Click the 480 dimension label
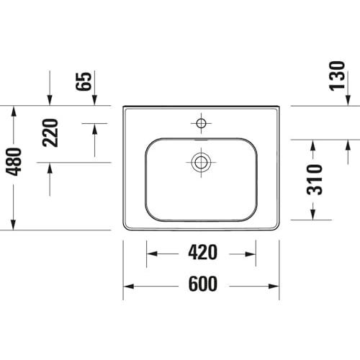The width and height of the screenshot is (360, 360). click(14, 162)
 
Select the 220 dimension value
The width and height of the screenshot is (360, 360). click(50, 132)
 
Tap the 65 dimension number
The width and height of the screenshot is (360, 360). click(84, 81)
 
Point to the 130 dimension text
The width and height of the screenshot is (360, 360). click(337, 76)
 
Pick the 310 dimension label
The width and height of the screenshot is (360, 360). click(315, 179)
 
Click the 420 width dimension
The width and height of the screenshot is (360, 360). click(203, 252)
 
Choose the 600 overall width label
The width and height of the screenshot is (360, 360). click(203, 284)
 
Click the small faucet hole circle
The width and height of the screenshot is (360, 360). click(201, 123)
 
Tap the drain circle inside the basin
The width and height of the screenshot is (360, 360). click(201, 163)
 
